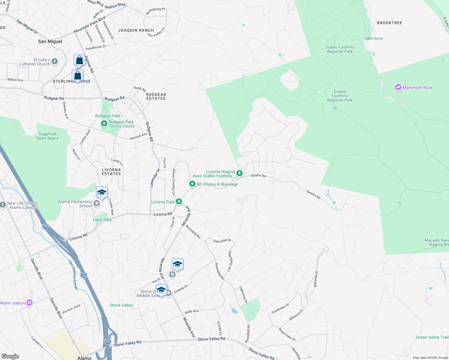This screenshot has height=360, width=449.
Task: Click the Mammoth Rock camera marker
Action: (398, 87)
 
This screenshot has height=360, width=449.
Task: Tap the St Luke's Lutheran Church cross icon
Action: (54, 61)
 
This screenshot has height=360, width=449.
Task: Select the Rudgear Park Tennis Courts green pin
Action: (104, 124)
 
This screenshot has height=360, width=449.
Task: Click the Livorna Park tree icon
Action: (179, 201)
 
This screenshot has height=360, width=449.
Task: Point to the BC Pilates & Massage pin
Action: (192, 184)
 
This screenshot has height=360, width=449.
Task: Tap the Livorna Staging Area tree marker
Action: (240, 173)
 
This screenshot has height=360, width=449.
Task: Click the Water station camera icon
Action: (29, 302)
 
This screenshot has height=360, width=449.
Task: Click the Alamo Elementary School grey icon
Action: (97, 204)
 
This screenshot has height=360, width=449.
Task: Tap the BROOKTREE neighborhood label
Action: (389, 23)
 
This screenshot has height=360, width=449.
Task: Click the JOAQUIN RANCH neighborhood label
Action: (136, 30)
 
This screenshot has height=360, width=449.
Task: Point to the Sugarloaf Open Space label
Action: (47, 136)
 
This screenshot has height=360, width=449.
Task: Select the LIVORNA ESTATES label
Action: (111, 172)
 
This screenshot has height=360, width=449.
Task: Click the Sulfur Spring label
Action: (374, 38)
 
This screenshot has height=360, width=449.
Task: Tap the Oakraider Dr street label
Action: (222, 241)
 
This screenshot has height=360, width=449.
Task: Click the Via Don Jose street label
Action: (71, 308)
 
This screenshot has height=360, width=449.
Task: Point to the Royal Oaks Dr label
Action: (287, 334)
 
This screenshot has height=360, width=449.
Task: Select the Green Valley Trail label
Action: (432, 337)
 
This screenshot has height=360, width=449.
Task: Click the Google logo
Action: (10, 356)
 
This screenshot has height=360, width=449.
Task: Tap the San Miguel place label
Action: (50, 41)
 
